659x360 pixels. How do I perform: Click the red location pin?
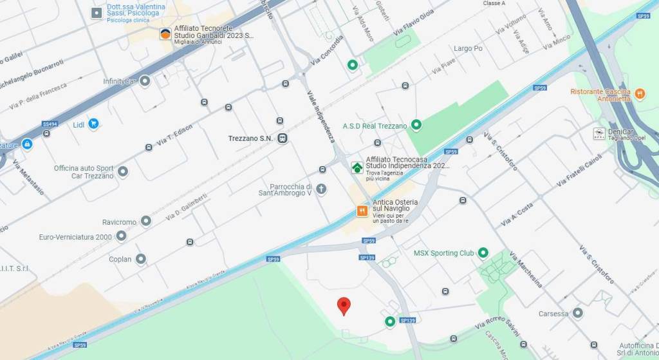pos(344,306)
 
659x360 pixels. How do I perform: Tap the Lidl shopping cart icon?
pos(94,124)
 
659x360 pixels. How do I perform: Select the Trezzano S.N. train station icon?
pos(283,138)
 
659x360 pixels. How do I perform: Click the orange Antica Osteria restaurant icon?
pos(362,211)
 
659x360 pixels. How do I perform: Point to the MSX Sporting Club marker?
pos(483,253)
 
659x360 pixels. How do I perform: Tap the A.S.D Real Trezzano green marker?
pos(416,125)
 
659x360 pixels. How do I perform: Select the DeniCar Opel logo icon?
pos(598,133)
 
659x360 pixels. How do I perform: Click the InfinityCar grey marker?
pos(145,81)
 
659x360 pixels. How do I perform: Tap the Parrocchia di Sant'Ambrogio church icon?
pos(322,189)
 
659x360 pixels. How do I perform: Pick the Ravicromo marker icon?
pos(146,222)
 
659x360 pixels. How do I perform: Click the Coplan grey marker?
pos(140,260)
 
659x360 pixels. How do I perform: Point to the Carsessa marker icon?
pos(578,314)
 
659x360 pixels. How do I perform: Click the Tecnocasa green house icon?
pos(357,167)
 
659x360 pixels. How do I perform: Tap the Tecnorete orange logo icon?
pos(165,34)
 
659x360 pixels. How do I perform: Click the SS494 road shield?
pos(50,124)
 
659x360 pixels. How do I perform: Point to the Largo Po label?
pos(468,48)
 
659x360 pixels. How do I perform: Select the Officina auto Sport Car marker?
pos(122,172)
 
